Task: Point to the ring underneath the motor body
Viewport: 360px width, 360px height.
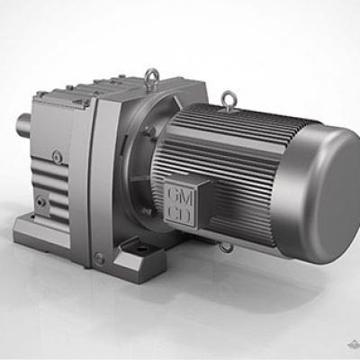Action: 226,246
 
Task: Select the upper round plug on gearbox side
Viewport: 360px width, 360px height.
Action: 56,158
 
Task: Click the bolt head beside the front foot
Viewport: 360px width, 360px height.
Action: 99,258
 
